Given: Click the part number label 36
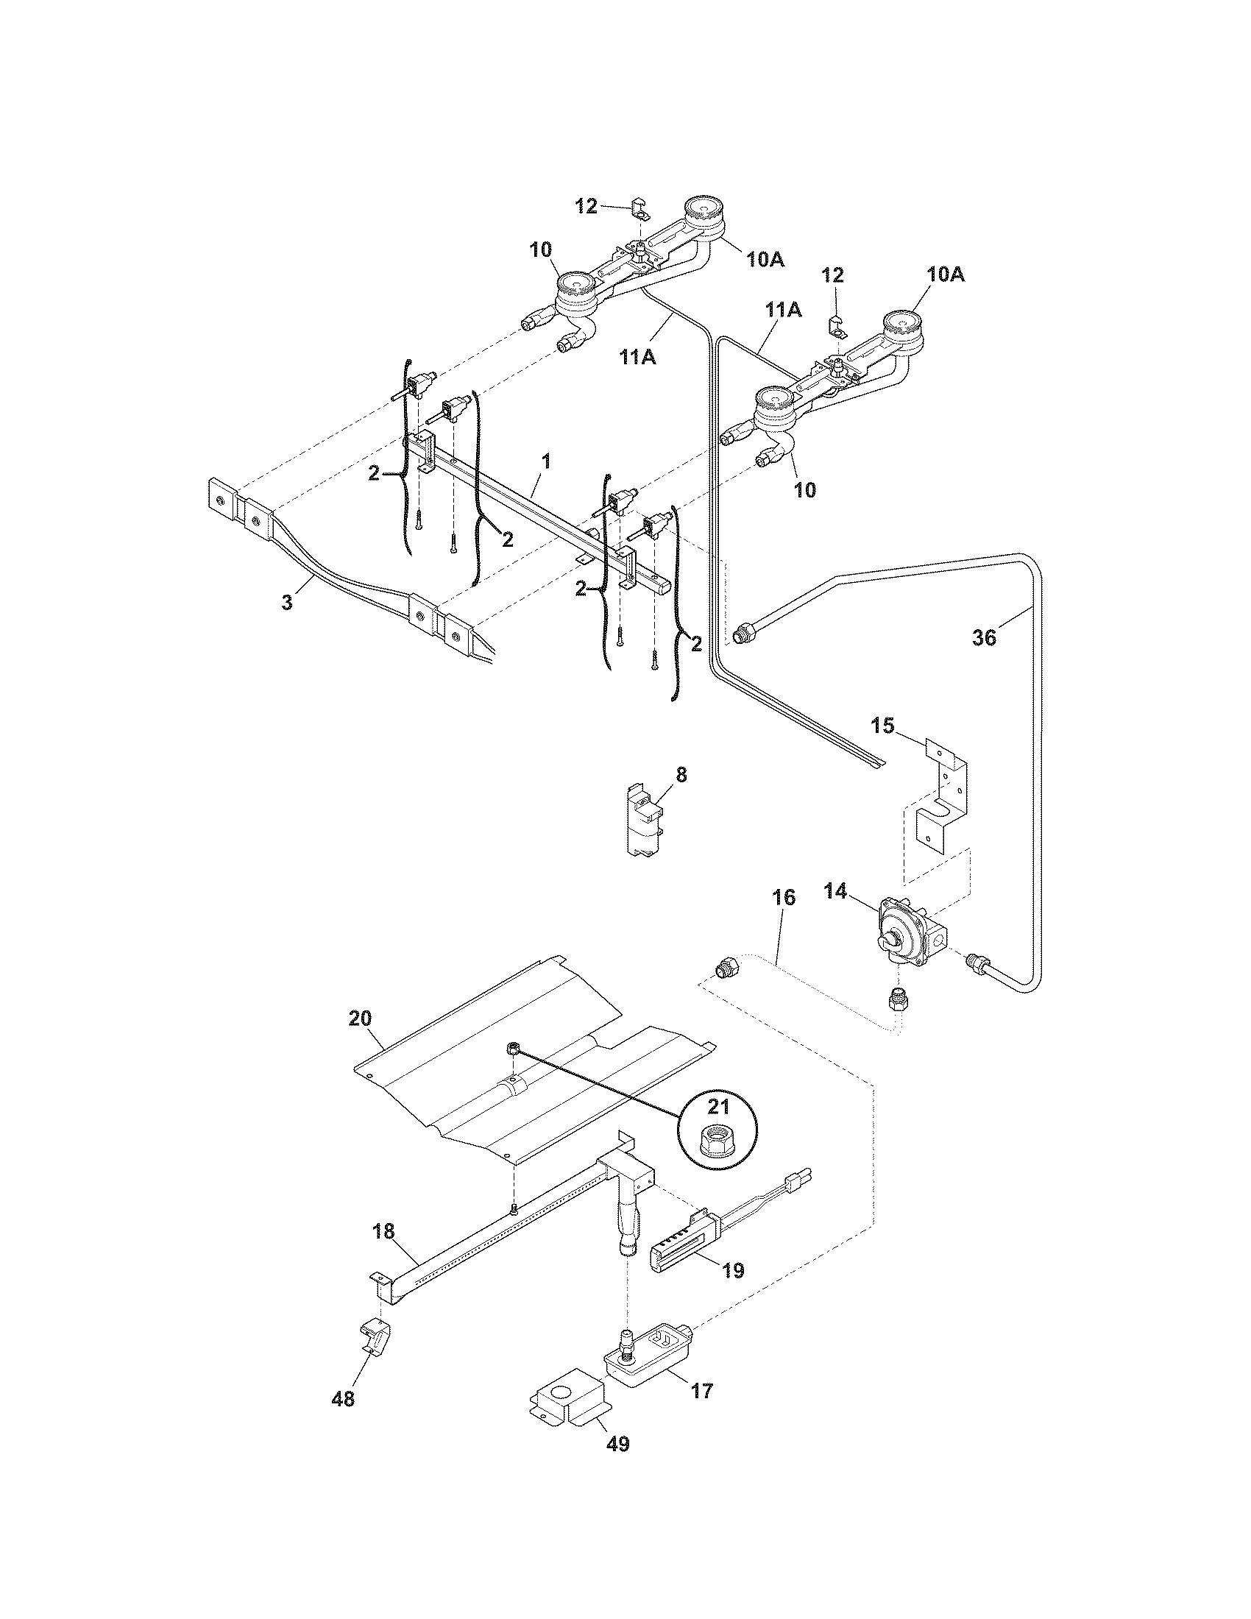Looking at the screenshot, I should tap(984, 637).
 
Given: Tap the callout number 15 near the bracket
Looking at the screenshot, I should tap(882, 725).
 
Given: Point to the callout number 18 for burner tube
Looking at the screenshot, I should tap(383, 1231).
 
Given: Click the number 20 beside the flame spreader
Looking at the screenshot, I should tap(360, 1018).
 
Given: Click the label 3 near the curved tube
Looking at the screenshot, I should tap(287, 602).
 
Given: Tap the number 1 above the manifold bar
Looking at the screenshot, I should tap(545, 461).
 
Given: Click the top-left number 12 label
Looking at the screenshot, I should tap(586, 207).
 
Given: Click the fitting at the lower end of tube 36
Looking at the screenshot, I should tap(977, 963).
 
